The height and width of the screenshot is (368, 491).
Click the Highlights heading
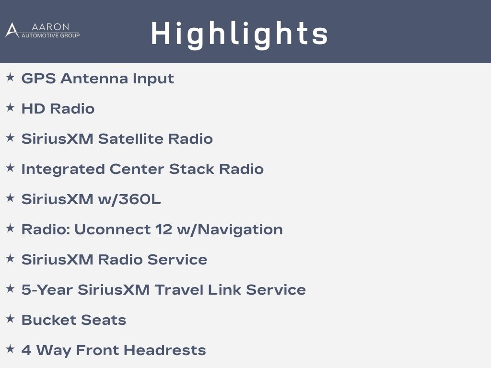click(x=239, y=34)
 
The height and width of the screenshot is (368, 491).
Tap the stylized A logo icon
click(x=12, y=30)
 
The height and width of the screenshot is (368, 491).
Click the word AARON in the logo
click(x=50, y=27)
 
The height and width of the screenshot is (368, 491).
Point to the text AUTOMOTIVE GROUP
click(x=50, y=35)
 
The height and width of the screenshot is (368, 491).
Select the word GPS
click(x=38, y=78)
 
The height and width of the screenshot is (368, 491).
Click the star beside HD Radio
click(x=11, y=108)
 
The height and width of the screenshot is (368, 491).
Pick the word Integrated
click(x=63, y=169)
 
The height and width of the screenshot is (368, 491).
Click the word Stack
click(x=192, y=169)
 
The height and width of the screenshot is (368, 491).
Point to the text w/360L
click(x=129, y=199)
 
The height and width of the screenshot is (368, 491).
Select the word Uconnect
click(x=112, y=230)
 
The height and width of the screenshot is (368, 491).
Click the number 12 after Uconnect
click(x=164, y=230)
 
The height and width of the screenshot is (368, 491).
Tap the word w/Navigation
click(x=230, y=230)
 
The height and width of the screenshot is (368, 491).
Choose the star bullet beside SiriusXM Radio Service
click(x=11, y=258)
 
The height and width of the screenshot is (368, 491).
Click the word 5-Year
click(x=47, y=290)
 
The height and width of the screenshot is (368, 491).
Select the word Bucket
click(x=49, y=320)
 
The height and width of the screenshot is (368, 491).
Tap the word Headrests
click(x=165, y=350)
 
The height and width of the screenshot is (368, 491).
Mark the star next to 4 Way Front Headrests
click(x=11, y=349)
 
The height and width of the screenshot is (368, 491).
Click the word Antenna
click(x=94, y=78)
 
